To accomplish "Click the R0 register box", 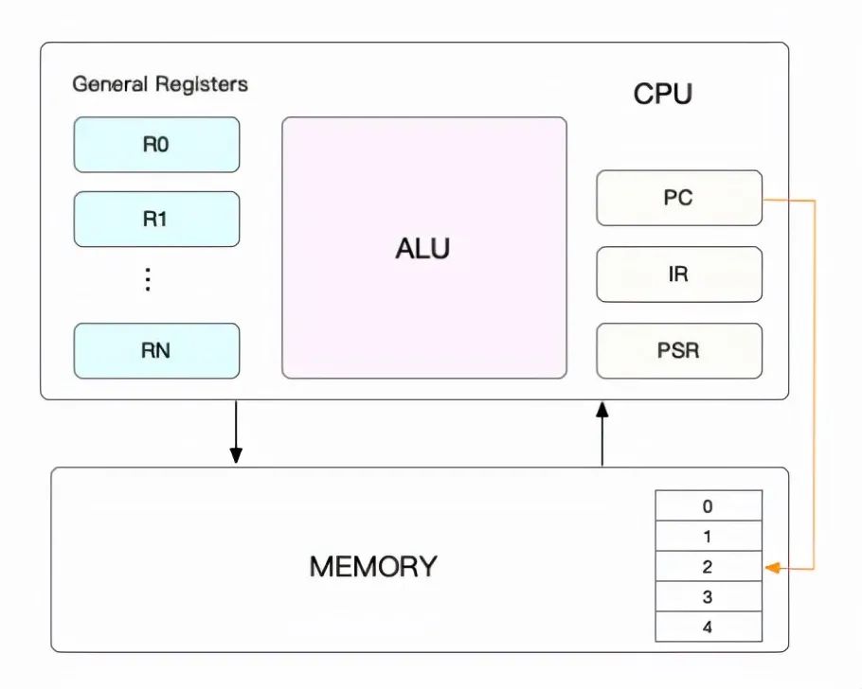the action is click(156, 145).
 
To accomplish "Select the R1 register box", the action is click(156, 220).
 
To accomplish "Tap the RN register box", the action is click(156, 350).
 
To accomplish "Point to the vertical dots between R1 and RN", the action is click(148, 279).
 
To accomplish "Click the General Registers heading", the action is click(160, 84).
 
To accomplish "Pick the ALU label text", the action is click(422, 248).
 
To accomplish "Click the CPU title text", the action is click(662, 94).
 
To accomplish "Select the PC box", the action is click(679, 198).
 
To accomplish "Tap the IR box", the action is click(679, 274).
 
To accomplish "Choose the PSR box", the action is click(679, 350).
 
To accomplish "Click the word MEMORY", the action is click(373, 567).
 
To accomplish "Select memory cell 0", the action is click(709, 505).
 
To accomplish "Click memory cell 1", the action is click(709, 536).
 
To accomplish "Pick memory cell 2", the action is click(709, 566).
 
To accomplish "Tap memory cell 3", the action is click(709, 596).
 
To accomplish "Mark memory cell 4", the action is click(709, 627).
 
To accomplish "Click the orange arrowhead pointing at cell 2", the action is click(772, 568).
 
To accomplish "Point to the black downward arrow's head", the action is click(236, 455).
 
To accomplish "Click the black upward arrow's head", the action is click(602, 410).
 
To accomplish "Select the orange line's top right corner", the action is click(815, 201).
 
